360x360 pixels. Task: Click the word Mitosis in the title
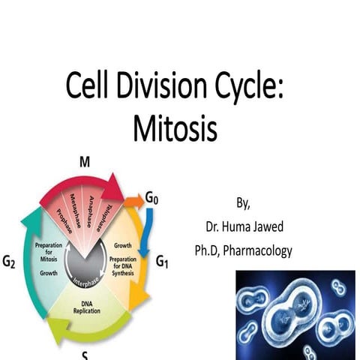coord(175,128)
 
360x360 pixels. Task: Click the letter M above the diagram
coord(85,162)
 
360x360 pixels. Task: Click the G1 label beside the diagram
coord(163,262)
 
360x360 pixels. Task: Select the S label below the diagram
coord(85,355)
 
